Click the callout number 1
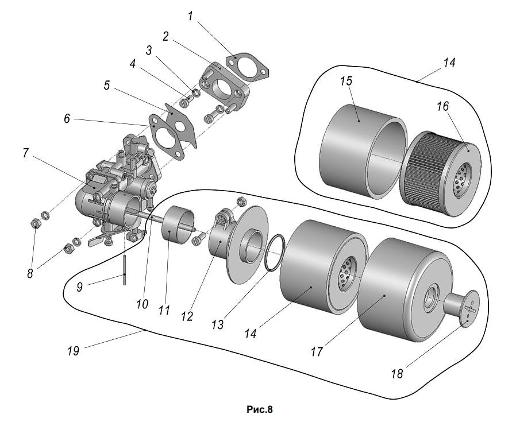190,16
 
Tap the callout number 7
26,153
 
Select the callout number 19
73,351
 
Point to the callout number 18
397,374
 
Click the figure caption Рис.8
260,409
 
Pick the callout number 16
442,106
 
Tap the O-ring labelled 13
275,253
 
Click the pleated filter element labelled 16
441,173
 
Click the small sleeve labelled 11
178,224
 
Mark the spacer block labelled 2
225,84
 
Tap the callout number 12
187,316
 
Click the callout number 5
107,86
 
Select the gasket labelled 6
166,137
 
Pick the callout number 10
143,304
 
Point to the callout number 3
149,51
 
